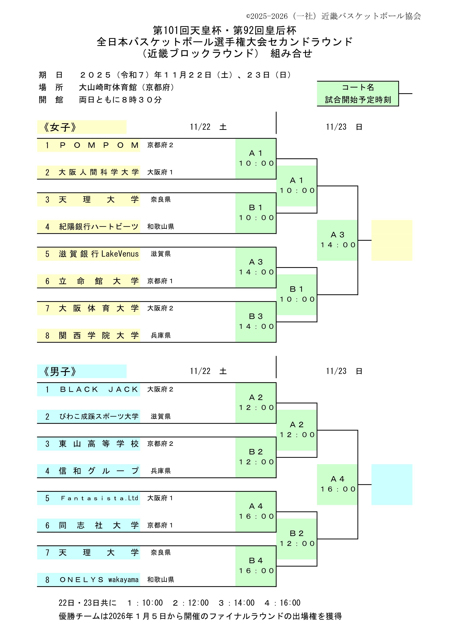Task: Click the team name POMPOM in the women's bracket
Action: coord(99,145)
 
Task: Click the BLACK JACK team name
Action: coord(99,389)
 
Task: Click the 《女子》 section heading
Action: coord(60,127)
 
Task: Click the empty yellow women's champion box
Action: coord(392,240)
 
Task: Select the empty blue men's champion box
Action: coord(392,484)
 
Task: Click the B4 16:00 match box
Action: coord(256,566)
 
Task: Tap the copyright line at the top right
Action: coord(334,16)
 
